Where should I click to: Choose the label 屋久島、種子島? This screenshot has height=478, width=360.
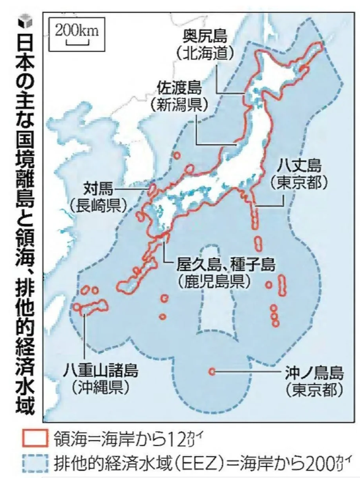coord(217,264)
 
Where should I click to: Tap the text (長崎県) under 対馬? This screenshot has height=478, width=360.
coord(98,204)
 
